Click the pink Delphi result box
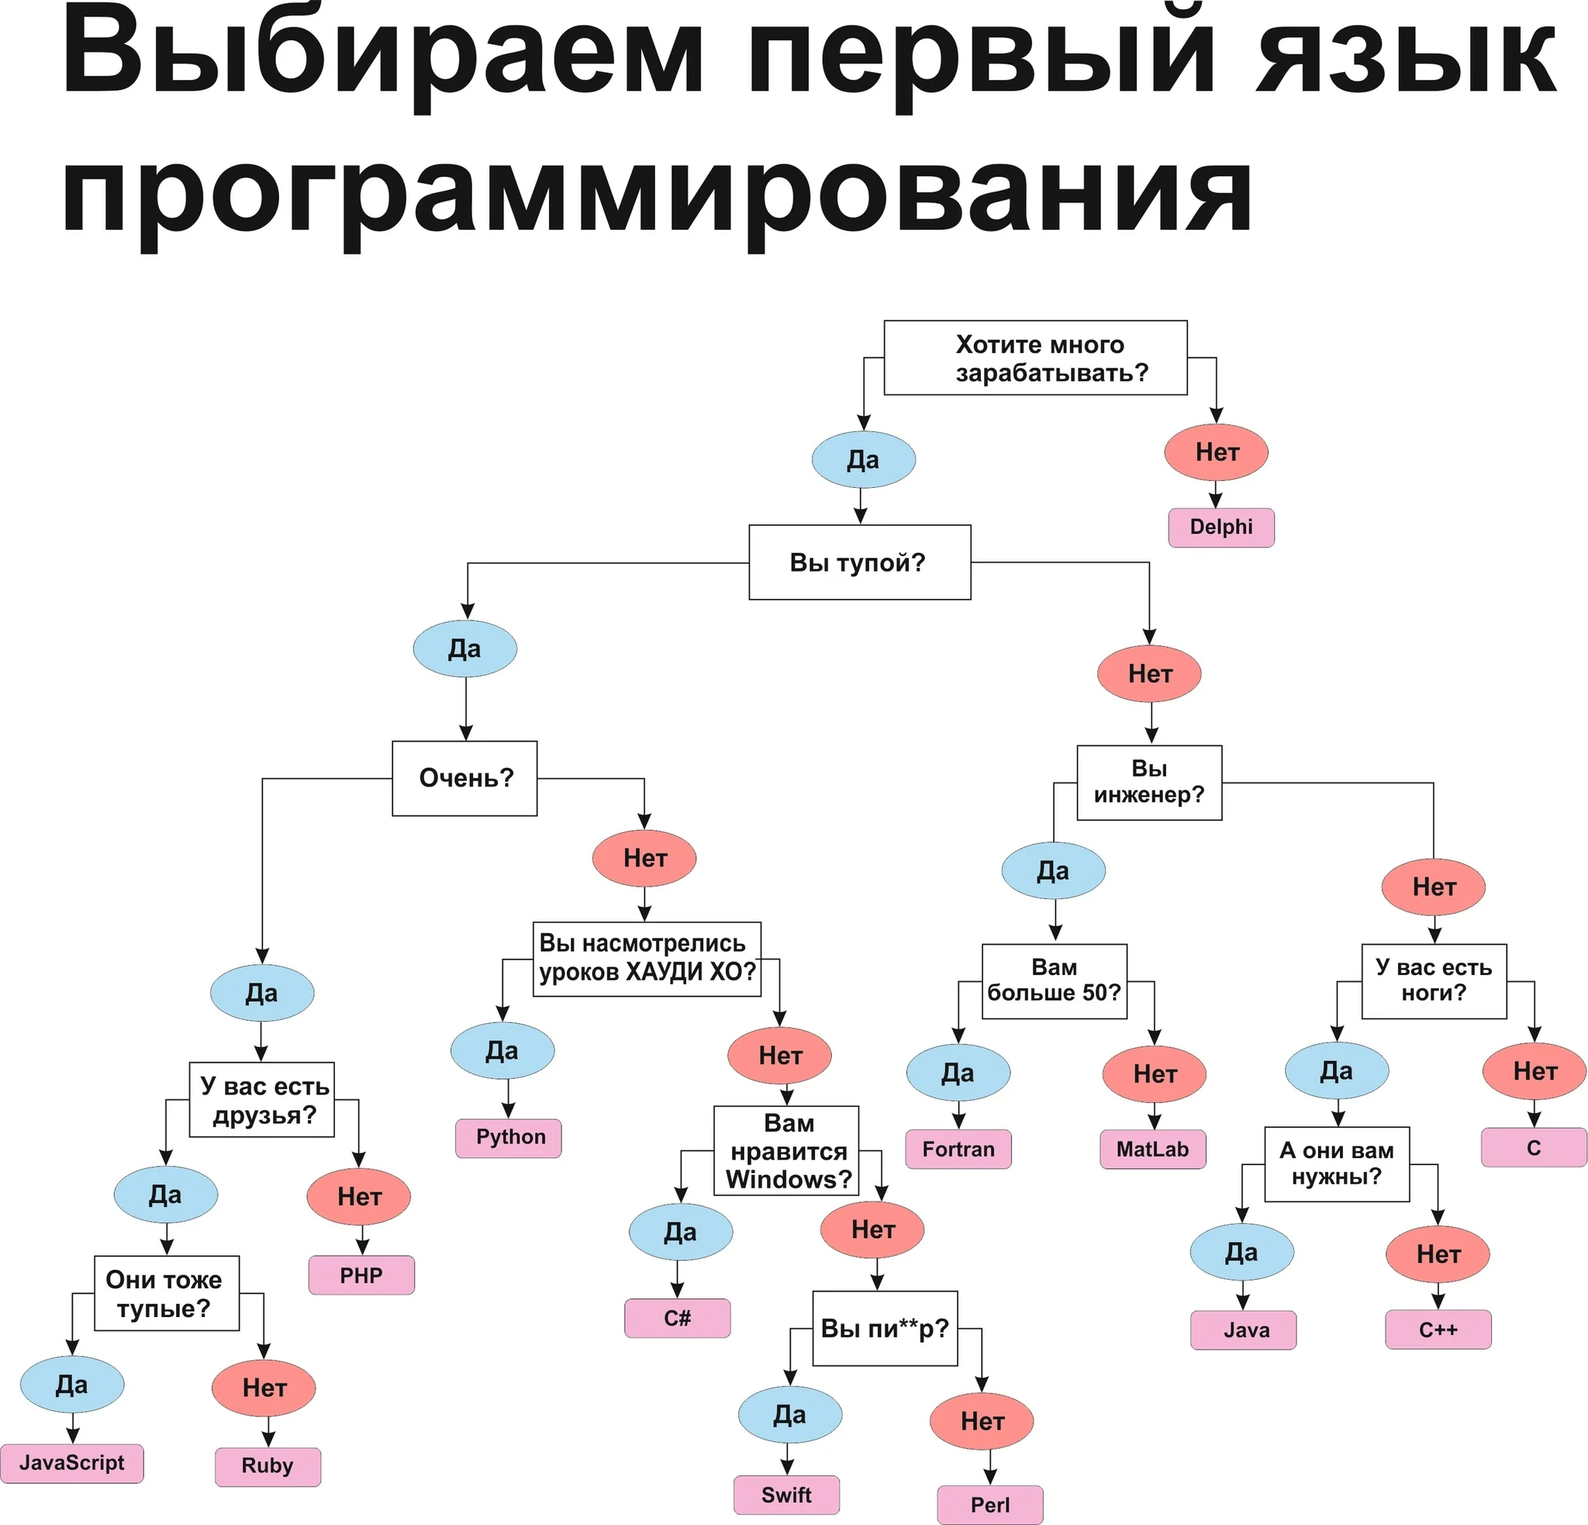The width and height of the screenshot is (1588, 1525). click(x=1221, y=527)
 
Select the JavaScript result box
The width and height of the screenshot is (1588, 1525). click(x=71, y=1463)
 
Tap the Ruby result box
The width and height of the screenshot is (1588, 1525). click(x=268, y=1466)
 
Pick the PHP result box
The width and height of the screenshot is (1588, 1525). click(x=361, y=1274)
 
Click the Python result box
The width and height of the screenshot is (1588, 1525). click(x=508, y=1137)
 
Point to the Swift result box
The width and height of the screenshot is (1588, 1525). click(x=786, y=1494)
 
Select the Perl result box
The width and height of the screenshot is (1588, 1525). click(x=989, y=1504)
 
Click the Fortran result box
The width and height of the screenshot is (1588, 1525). click(x=958, y=1148)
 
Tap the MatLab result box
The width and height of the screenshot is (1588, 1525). click(x=1152, y=1148)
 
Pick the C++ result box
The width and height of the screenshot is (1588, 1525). click(x=1438, y=1329)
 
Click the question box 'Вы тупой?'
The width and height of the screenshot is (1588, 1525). click(x=859, y=562)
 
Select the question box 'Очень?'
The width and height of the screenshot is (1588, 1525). click(x=464, y=778)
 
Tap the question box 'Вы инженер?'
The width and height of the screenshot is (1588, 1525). click(x=1149, y=782)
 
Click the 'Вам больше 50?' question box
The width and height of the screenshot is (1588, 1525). click(x=1054, y=980)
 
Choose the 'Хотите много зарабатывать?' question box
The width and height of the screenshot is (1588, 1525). click(x=1035, y=358)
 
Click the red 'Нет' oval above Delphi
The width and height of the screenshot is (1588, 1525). click(x=1215, y=452)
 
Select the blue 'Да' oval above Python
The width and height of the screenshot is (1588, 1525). click(x=502, y=1050)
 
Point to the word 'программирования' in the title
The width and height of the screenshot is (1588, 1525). click(x=656, y=195)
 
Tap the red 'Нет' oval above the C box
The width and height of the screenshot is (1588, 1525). click(x=1534, y=1071)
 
